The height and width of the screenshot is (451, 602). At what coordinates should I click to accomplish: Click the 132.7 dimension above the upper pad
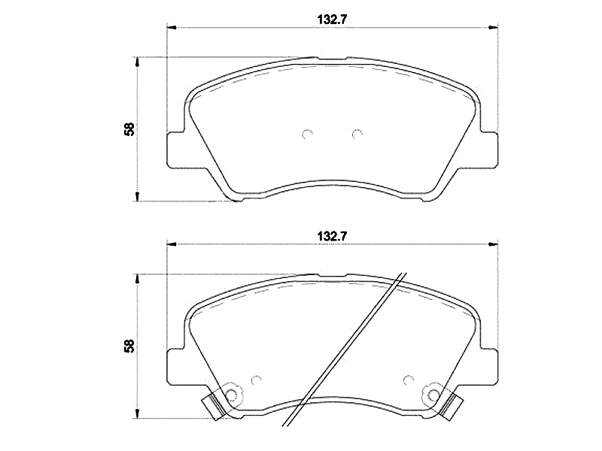coord(332,20)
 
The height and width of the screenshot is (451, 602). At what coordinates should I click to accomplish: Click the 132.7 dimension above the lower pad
coord(332,236)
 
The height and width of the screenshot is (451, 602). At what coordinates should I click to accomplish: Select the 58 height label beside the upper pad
coord(129,129)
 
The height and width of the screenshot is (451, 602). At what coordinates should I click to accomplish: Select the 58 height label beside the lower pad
coord(129,346)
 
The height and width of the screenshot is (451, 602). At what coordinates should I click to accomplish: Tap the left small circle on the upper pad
coord(307,134)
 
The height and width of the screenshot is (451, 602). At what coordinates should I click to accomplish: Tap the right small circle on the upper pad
coord(357,134)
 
